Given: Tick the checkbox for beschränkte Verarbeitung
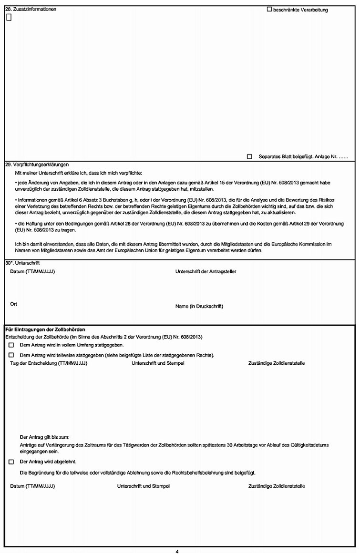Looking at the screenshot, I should coord(269,9).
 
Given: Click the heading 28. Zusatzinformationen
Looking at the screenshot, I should coord(31,9).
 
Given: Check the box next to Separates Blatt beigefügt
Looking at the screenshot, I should coord(249,156).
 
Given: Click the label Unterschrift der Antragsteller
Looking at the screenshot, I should coord(206,271).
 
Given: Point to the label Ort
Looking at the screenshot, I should coord(14,304).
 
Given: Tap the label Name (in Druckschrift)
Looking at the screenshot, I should coord(199,306).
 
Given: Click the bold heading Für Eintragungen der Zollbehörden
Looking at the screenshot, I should coord(45,330).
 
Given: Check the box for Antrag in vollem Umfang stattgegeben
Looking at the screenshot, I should coord(11,345).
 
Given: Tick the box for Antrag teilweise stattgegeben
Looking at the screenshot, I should coord(11,355).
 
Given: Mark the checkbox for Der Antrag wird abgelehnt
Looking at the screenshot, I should coord(11,462).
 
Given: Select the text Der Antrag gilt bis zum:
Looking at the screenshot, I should coord(45,437).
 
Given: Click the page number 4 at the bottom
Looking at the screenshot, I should coord(177,552).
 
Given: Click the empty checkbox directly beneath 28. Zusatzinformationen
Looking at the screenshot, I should coord(9,18).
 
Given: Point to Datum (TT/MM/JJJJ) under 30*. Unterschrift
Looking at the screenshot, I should coord(32,271).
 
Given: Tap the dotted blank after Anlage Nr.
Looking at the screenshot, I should coord(343,156).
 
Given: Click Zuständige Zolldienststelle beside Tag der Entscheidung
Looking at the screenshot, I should coord(277,363).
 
